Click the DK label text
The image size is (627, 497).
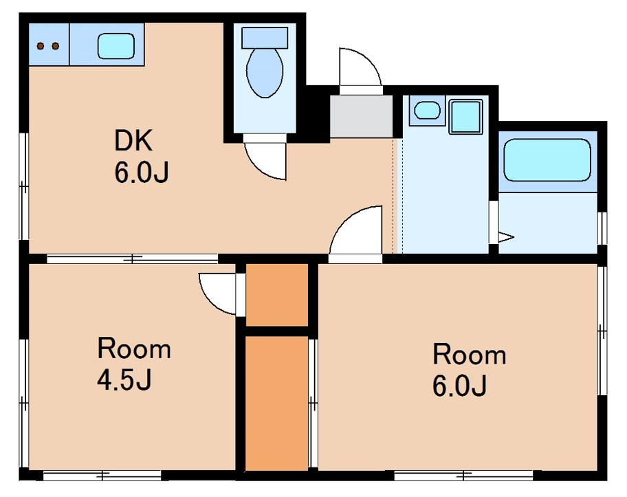click(133, 140)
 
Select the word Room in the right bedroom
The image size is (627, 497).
click(470, 354)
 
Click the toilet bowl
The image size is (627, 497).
click(265, 72)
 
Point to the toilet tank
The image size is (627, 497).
click(265, 38)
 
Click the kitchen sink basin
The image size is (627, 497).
click(116, 46)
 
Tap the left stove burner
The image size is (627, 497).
click(41, 46)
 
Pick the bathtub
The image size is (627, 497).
click(547, 160)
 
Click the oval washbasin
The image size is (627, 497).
click(427, 110)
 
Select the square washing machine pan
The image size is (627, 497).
click(465, 116)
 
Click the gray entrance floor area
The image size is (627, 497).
click(361, 116)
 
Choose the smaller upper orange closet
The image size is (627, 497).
click(276, 295)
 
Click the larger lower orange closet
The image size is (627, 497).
click(276, 403)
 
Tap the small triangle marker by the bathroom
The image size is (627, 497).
click(506, 236)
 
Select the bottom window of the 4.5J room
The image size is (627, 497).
click(102, 476)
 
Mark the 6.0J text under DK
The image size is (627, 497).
click(142, 173)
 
